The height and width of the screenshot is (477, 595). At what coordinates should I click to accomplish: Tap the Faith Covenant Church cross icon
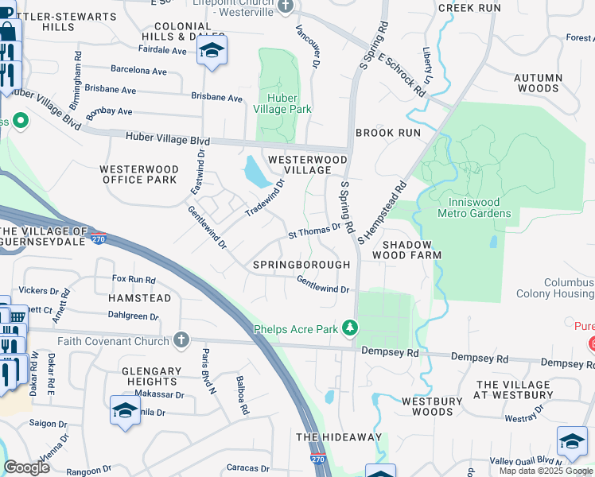181,340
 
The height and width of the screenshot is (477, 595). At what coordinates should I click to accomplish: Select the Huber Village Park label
282,104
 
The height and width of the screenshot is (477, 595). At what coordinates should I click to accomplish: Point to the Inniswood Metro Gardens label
474,207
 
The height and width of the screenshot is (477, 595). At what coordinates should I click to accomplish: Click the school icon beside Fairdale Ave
212,50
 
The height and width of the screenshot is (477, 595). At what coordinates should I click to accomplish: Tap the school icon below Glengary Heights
125,410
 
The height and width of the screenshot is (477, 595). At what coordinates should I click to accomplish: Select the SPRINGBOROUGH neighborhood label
301,265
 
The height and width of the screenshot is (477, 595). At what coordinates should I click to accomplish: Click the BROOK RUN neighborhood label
387,133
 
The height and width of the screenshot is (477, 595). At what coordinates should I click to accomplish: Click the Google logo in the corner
26,467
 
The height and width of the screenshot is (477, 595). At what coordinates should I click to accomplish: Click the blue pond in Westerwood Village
255,173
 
